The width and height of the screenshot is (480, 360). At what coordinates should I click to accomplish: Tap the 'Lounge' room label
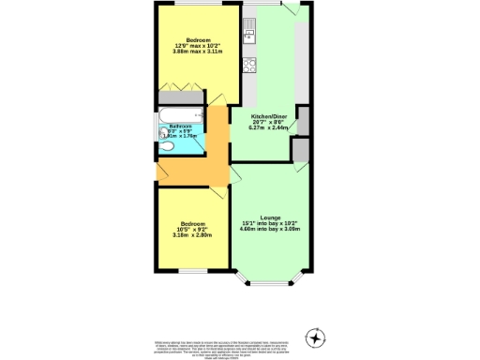(270, 215)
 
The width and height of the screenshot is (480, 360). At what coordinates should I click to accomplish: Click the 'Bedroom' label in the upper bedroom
(198, 38)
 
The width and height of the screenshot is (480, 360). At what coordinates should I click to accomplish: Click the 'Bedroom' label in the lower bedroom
(192, 223)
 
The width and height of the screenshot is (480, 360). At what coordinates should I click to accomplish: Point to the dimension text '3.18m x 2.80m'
(192, 235)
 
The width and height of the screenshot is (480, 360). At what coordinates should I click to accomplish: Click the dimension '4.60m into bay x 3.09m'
(270, 229)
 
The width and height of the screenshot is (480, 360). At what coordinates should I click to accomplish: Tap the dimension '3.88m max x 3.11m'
(198, 52)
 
